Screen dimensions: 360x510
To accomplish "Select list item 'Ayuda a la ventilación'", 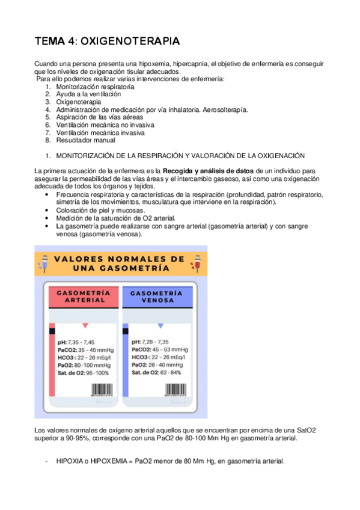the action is coord(88,94).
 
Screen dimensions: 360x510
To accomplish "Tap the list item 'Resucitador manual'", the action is coord(85,140).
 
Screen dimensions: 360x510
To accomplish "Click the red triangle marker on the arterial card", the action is coord(85,325).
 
